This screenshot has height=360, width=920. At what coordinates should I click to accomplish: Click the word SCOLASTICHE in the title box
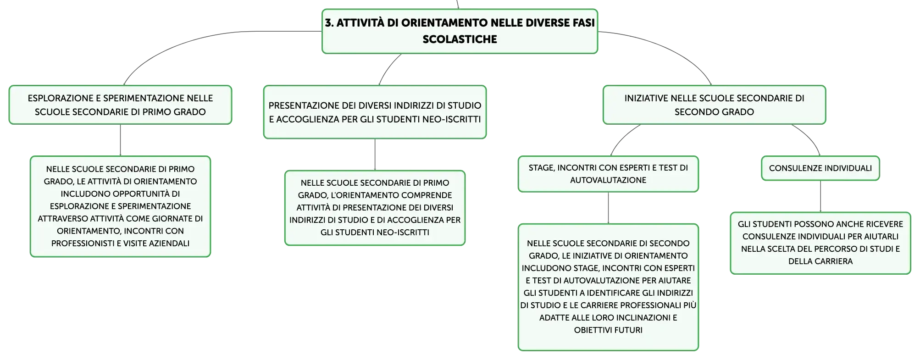coord(460,39)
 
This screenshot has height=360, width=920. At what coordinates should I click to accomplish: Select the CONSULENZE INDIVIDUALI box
coord(820,168)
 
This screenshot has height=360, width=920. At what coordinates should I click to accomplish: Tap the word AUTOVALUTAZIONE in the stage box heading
coord(608,180)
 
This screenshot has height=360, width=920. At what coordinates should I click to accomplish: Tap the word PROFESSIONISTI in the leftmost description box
coord(80,244)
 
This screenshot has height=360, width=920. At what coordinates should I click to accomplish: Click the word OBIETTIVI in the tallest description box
coord(592,330)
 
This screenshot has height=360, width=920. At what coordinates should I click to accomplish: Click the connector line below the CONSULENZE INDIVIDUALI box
coord(820,196)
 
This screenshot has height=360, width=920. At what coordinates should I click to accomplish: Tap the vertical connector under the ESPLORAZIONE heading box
coord(120,140)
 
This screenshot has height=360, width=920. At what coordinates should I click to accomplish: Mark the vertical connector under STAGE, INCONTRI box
coord(608,208)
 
